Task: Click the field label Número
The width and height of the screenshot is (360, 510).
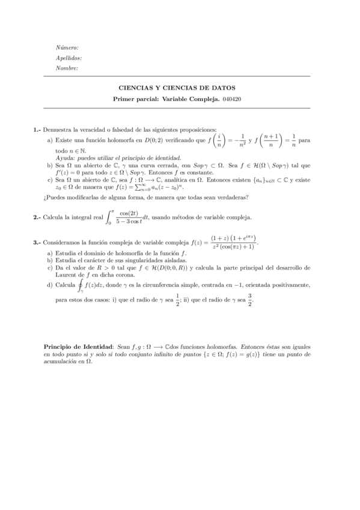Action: click(x=67, y=47)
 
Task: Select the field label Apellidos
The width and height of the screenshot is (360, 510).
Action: click(x=69, y=58)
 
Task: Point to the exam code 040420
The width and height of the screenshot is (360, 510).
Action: click(x=233, y=99)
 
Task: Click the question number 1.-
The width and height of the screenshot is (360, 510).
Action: click(x=37, y=129)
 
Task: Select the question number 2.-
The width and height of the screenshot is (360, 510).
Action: click(x=37, y=217)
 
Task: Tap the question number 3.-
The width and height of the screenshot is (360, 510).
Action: click(x=37, y=243)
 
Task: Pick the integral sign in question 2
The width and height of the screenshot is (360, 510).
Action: click(x=109, y=217)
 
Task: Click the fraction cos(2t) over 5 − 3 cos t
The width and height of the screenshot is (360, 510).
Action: click(x=129, y=217)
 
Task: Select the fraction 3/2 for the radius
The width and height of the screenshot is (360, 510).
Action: click(x=250, y=300)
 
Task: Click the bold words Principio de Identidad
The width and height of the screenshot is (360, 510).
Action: click(x=79, y=347)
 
